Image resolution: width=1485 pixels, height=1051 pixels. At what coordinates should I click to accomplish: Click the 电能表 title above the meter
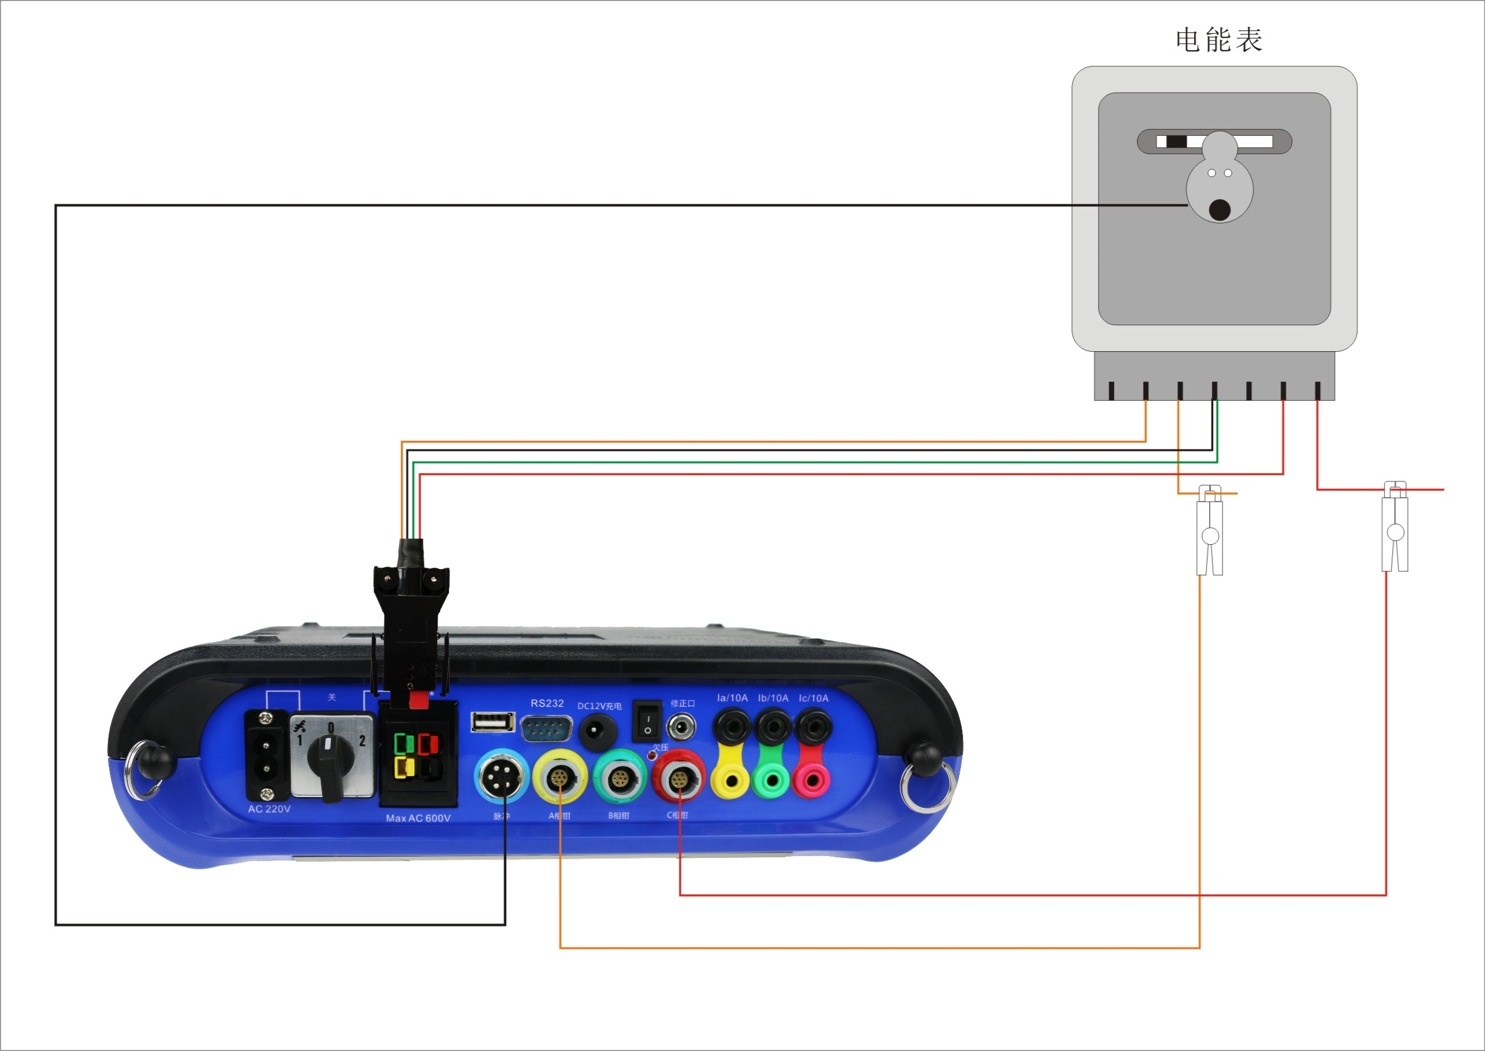[1218, 40]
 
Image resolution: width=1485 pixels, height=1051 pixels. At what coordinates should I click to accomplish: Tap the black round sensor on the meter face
[1220, 210]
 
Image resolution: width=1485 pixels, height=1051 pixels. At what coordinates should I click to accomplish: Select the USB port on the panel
[493, 721]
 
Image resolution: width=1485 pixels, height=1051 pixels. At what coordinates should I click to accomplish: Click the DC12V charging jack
[597, 732]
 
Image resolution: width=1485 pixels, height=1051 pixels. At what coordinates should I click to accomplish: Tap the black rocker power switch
[647, 721]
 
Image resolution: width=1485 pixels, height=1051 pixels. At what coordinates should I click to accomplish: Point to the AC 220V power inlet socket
[265, 756]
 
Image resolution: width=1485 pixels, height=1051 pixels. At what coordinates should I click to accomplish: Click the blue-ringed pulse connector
[501, 776]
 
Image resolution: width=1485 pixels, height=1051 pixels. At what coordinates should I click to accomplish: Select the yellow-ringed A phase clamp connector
[560, 777]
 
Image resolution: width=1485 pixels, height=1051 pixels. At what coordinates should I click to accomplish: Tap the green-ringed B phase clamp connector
[619, 777]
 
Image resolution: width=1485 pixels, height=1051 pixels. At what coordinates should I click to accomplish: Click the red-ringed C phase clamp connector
[678, 779]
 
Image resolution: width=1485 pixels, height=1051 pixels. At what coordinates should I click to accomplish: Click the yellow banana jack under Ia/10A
[731, 780]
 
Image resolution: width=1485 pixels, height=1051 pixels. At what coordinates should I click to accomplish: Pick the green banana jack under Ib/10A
[772, 780]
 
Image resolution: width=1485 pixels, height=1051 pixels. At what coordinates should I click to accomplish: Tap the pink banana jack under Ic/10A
[812, 780]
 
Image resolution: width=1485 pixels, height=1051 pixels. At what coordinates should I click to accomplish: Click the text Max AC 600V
[418, 818]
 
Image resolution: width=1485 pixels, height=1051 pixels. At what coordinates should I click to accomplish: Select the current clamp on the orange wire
[1209, 531]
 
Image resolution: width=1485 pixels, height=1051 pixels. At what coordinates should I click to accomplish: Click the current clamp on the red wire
[1395, 528]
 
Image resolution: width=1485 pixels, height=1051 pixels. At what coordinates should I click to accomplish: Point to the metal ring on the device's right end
[927, 787]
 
